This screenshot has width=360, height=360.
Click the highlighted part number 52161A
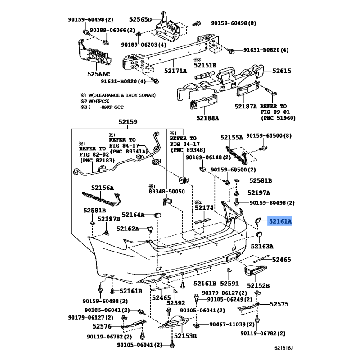point(280,221)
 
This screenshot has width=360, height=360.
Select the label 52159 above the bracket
point(128,122)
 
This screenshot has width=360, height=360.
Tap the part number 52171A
point(175,71)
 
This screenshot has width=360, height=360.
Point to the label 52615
point(282,71)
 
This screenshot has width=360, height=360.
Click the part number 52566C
point(99,74)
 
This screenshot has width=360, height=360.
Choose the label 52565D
point(140,19)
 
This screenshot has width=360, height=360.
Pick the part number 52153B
point(185,336)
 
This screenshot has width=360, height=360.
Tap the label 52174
point(204,208)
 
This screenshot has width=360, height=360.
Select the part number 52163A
point(262,246)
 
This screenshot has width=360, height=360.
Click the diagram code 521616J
point(284,348)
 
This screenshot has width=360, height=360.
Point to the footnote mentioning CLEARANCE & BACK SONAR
point(118,95)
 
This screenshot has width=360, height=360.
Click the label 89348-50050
point(166,192)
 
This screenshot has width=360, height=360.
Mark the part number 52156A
point(103,188)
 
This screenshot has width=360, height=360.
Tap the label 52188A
point(207,118)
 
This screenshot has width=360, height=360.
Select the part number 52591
point(229,283)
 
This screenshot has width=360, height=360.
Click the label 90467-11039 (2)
point(232,324)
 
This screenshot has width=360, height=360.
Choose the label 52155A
point(232,138)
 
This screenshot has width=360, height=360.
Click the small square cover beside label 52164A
point(158,215)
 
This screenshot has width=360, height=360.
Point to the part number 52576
point(102,326)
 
